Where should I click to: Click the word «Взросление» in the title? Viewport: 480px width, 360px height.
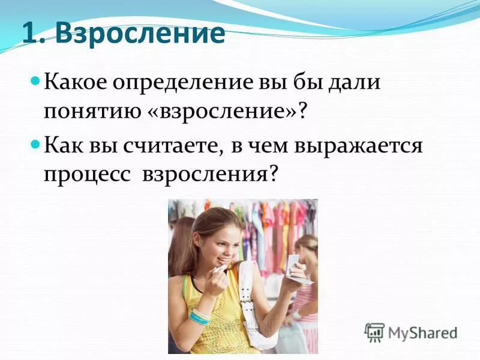pos(141,35)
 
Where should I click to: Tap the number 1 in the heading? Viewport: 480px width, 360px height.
pos(31,35)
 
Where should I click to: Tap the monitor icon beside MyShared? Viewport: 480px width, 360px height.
pos(374,332)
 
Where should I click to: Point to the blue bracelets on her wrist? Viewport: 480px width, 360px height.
pos(200,316)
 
